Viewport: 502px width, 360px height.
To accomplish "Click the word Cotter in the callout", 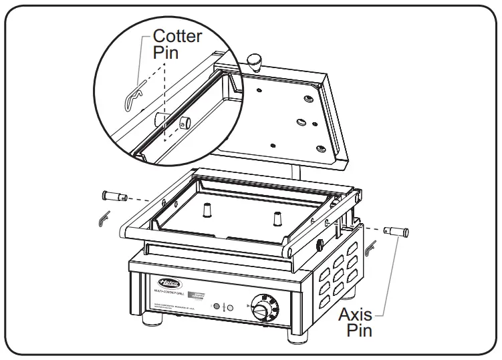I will (x=177, y=36).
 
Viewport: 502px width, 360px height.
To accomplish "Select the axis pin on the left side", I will (x=114, y=196).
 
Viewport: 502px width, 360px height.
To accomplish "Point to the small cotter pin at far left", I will (x=102, y=218).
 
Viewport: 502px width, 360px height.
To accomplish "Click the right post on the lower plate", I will (x=277, y=218).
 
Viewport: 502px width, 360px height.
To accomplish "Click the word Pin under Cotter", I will (x=166, y=52).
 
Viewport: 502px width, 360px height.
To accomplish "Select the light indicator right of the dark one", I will (x=230, y=307).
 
